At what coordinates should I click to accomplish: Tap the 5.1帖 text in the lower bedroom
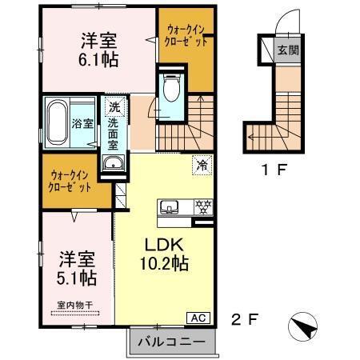pyautogui.click(x=78, y=278)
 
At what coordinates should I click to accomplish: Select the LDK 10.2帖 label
pyautogui.click(x=165, y=254)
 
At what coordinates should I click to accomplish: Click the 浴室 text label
pyautogui.click(x=83, y=124)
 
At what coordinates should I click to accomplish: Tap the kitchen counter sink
pyautogui.click(x=170, y=207)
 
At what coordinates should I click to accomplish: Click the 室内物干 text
pyautogui.click(x=74, y=306)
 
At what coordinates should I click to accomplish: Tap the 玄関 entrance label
pyautogui.click(x=286, y=50)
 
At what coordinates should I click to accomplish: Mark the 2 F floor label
pyautogui.click(x=243, y=319)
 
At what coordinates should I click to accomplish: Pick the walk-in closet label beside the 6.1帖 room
pyautogui.click(x=185, y=35)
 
